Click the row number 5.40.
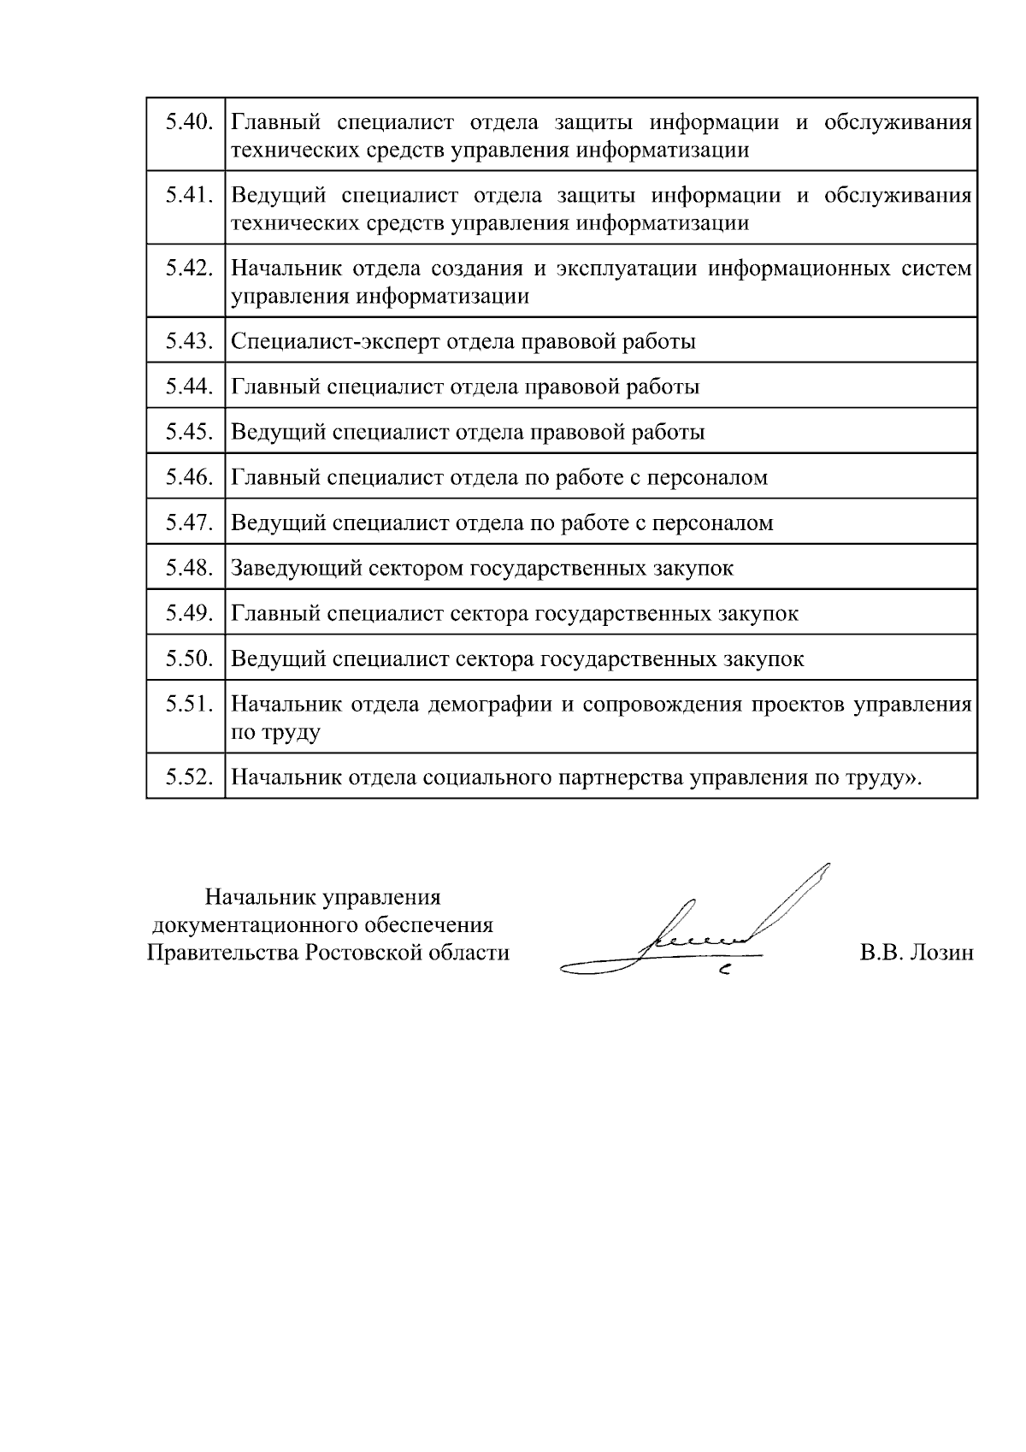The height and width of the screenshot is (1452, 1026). tap(188, 122)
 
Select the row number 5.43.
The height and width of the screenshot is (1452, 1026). tap(188, 341)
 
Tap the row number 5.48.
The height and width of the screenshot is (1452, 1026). tap(188, 568)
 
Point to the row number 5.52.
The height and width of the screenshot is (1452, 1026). tap(188, 777)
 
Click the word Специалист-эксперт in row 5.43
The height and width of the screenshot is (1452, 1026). tap(335, 341)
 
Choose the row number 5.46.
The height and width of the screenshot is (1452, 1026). tap(188, 477)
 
